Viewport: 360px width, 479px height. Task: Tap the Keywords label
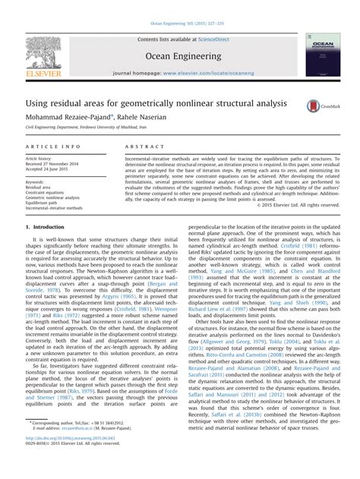coord(35,182)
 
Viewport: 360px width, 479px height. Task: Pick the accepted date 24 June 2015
coord(57,168)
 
